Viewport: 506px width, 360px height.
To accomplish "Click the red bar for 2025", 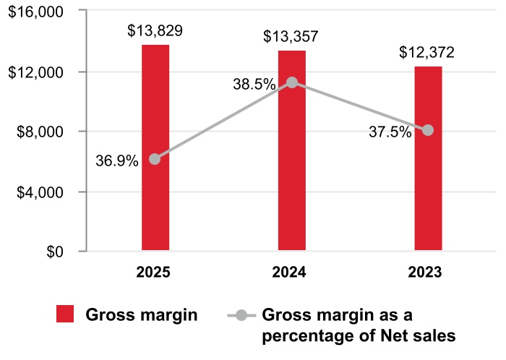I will point(155,202).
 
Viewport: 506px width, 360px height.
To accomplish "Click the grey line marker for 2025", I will point(155,159).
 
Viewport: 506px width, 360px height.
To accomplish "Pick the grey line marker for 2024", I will point(292,82).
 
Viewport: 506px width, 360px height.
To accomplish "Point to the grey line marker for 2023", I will point(428,130).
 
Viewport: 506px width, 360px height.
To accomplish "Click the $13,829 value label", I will point(155,31).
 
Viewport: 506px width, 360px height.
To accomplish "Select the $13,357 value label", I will point(291,37).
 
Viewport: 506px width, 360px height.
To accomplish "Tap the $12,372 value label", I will point(428,53).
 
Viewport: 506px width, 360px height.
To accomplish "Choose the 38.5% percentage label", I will point(254,85).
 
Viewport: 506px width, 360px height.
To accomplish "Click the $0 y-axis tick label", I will point(54,252).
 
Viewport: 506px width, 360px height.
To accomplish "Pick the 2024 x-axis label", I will point(291,273).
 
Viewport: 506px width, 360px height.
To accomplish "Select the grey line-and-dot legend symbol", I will point(241,315).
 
